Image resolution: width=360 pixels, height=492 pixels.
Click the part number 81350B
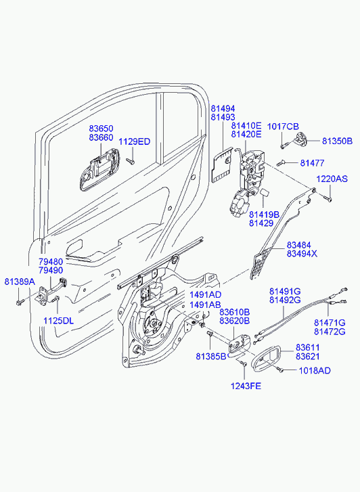pyautogui.click(x=337, y=141)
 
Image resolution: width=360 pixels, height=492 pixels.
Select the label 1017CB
pyautogui.click(x=283, y=127)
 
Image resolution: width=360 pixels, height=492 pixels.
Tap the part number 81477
pyautogui.click(x=312, y=163)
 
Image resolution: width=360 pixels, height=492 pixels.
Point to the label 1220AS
pyautogui.click(x=332, y=179)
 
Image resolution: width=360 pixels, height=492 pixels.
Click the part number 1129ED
pyautogui.click(x=135, y=141)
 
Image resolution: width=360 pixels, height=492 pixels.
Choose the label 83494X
pyautogui.click(x=302, y=254)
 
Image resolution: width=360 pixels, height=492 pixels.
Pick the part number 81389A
pyautogui.click(x=20, y=282)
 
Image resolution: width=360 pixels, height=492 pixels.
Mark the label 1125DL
pyautogui.click(x=58, y=321)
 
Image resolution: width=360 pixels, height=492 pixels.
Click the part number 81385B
pyautogui.click(x=211, y=357)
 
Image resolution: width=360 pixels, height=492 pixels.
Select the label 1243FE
pyautogui.click(x=246, y=386)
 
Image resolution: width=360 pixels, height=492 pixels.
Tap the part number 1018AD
pyautogui.click(x=315, y=371)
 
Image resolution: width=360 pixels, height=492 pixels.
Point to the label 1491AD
pyautogui.click(x=205, y=294)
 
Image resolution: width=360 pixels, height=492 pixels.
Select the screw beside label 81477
pyautogui.click(x=280, y=163)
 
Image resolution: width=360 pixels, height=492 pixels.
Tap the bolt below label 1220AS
pyautogui.click(x=328, y=198)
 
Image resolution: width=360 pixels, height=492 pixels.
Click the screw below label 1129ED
pyautogui.click(x=130, y=161)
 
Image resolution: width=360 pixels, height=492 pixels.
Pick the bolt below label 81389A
pyautogui.click(x=20, y=303)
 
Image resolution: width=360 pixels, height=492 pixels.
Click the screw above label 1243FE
pyautogui.click(x=243, y=363)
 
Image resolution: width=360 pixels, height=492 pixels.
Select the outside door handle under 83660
pyautogui.click(x=99, y=170)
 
